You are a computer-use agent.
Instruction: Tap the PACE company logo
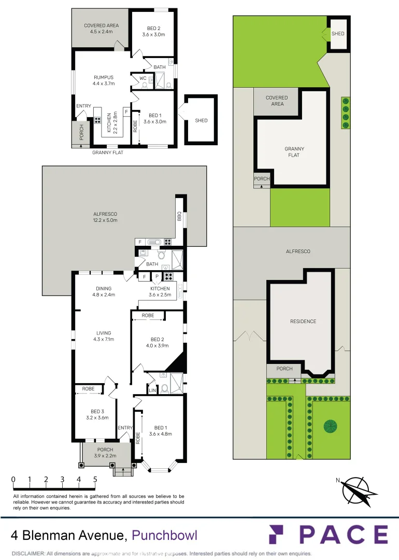click(328, 534)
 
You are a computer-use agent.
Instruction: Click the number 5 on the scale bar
click(95, 479)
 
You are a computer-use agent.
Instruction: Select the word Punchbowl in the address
click(165, 535)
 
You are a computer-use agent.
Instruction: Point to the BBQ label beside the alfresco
click(179, 217)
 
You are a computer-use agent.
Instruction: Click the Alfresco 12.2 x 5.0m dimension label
click(105, 217)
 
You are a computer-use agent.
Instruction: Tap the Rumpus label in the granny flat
click(103, 80)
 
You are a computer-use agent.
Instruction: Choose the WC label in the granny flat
click(142, 79)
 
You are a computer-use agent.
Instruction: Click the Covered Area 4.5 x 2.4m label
click(102, 28)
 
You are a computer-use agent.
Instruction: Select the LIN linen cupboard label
click(153, 390)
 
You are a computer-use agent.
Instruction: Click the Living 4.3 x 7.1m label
click(103, 336)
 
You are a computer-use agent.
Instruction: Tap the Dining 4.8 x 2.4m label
click(103, 291)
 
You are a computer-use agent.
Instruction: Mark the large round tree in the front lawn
click(330, 426)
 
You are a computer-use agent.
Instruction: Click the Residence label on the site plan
click(303, 321)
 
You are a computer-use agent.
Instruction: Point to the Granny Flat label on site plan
click(294, 152)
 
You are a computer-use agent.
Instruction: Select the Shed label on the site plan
click(338, 34)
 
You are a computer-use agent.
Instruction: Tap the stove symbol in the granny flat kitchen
click(97, 120)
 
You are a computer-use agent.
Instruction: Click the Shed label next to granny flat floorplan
click(201, 120)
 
